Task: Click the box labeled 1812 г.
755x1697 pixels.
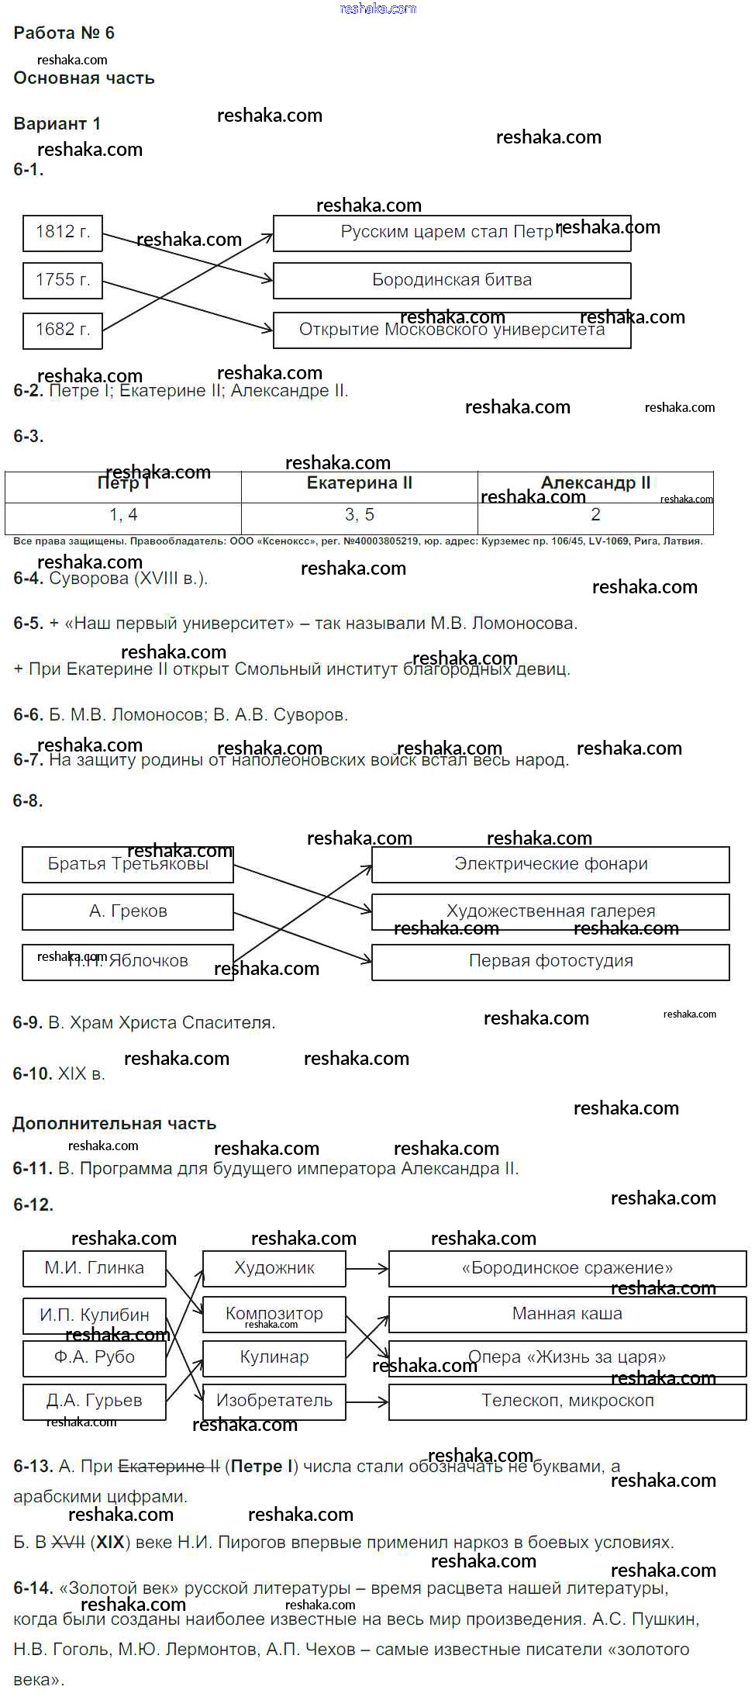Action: [x=63, y=232]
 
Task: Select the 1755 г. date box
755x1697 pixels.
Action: [x=63, y=281]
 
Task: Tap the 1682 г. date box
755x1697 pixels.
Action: [x=63, y=330]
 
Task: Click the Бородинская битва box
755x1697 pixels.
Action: [x=452, y=281]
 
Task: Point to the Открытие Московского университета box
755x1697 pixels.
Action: [x=452, y=330]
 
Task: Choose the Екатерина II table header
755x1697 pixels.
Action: [x=359, y=484]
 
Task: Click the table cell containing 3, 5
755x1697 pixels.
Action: [x=359, y=516]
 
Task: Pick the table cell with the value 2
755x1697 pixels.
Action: [x=595, y=516]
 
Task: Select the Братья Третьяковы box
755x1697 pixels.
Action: [x=128, y=865]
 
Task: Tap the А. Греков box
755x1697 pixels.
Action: [x=128, y=912]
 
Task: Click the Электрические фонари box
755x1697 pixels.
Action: [x=550, y=865]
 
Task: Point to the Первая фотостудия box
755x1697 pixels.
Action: [x=550, y=962]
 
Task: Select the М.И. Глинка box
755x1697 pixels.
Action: [x=94, y=1269]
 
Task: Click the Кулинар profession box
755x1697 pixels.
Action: [x=274, y=1358]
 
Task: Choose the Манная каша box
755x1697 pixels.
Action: [x=567, y=1315]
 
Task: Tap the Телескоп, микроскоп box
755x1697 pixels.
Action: [x=567, y=1401]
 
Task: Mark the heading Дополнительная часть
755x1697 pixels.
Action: [x=114, y=1124]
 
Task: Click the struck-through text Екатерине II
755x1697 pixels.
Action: [x=168, y=1467]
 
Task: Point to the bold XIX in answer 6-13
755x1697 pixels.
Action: [x=110, y=1543]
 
